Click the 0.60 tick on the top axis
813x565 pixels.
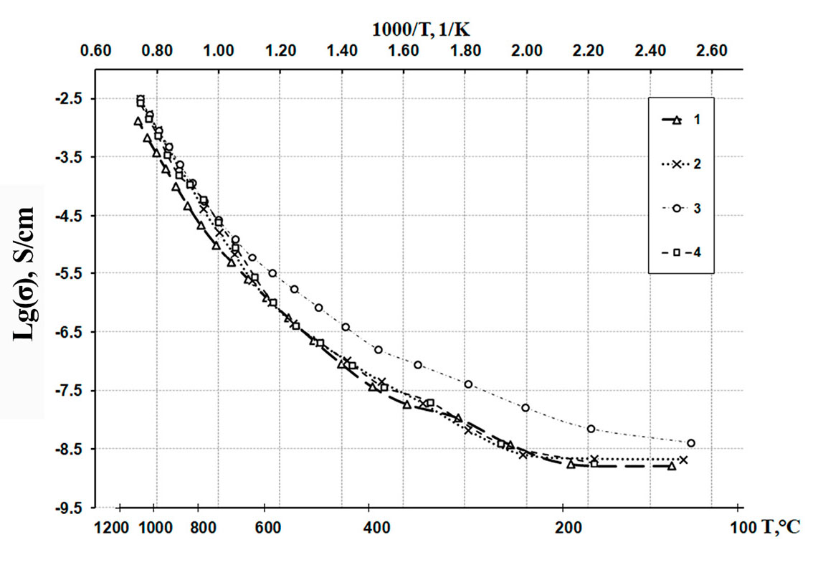96,51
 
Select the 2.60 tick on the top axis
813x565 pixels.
712,51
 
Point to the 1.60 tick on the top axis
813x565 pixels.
404,51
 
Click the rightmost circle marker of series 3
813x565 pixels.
691,443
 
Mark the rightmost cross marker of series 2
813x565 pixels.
684,460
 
